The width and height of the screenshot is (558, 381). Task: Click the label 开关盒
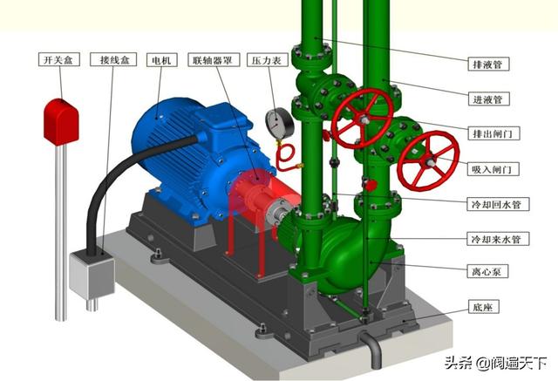pos(58,59)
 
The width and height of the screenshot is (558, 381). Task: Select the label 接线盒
pos(114,59)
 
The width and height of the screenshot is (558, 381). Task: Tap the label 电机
pos(162,60)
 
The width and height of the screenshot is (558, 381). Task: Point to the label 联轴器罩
pos(214,60)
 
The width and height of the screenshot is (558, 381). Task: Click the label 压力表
pos(268,60)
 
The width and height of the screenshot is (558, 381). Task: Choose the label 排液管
pos(488,64)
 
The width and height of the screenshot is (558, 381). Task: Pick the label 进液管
pos(488,99)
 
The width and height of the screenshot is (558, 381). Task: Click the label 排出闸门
pos(493,133)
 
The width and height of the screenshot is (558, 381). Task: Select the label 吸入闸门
pos(493,168)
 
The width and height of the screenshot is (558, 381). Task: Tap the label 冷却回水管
pos(498,204)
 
